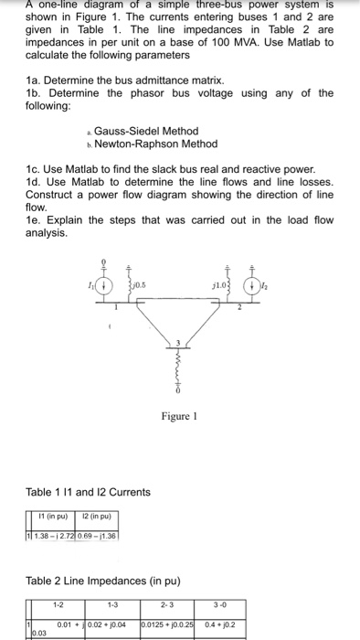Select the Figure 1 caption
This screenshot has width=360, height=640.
click(179, 417)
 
